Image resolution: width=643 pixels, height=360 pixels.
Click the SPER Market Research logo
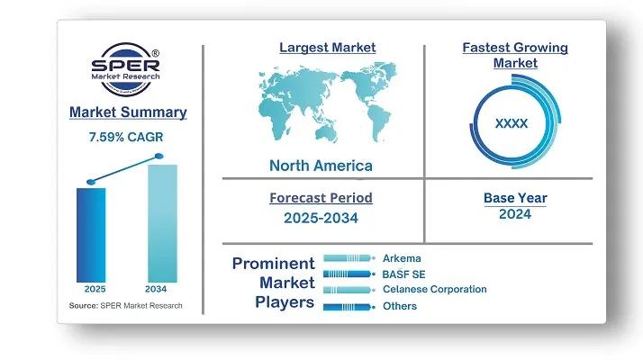click(x=125, y=69)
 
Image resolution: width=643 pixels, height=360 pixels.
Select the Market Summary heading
click(x=128, y=112)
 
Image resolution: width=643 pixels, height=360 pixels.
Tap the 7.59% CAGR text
click(x=126, y=137)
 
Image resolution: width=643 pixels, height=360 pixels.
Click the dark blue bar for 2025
click(x=91, y=235)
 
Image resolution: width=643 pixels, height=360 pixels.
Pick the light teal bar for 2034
click(x=162, y=223)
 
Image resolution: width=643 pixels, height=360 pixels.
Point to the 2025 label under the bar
click(x=95, y=289)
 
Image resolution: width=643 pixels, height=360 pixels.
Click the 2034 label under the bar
click(x=156, y=289)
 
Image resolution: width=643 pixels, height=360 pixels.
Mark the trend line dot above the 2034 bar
click(x=159, y=156)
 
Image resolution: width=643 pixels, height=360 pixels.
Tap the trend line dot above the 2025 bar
click(x=91, y=182)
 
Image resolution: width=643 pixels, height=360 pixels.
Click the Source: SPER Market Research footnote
click(x=125, y=305)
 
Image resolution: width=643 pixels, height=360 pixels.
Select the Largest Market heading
click(x=328, y=47)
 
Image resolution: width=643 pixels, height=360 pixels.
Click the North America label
click(x=321, y=166)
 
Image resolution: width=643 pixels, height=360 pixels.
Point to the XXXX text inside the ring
click(x=512, y=123)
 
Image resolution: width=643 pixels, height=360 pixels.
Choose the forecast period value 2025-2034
click(x=321, y=218)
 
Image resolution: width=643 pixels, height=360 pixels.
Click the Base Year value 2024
click(x=515, y=214)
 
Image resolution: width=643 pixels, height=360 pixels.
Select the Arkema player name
click(x=402, y=258)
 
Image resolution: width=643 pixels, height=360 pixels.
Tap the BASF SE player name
click(x=404, y=274)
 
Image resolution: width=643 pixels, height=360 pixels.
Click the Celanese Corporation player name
click(x=435, y=289)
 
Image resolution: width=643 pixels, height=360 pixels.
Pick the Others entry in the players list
click(x=400, y=306)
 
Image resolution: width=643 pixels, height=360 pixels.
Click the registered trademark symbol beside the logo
click(x=156, y=53)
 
